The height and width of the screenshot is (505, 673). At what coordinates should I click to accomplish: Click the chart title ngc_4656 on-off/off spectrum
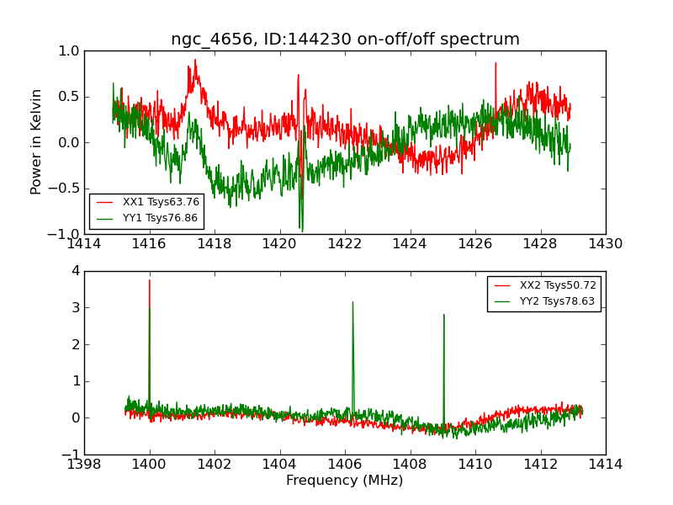(345, 39)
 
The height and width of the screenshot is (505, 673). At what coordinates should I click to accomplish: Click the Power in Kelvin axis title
(36, 141)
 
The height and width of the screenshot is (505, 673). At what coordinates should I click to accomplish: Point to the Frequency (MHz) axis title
(344, 481)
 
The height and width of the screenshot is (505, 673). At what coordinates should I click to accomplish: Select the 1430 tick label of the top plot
(605, 244)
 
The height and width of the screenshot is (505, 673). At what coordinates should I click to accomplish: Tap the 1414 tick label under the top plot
(84, 244)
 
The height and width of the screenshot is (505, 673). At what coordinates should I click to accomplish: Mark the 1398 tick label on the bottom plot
(84, 465)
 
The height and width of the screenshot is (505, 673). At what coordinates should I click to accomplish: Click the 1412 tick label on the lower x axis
(540, 465)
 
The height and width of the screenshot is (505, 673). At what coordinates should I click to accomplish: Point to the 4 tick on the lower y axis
(75, 271)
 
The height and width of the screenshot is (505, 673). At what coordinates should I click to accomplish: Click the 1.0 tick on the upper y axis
(69, 50)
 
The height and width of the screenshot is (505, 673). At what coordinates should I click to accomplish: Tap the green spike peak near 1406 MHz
(352, 302)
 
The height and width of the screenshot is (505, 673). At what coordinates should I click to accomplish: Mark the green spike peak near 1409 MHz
(443, 315)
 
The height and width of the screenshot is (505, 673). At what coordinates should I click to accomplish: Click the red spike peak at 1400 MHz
(150, 280)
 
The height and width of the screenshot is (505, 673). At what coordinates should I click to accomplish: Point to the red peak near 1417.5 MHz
(195, 60)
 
